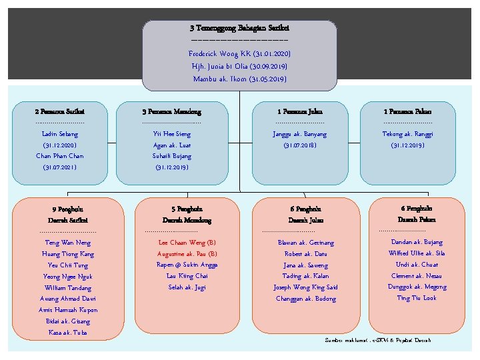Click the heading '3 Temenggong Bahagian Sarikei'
coord(239,29)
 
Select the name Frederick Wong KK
coord(217,53)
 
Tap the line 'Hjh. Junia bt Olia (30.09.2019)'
coord(239,66)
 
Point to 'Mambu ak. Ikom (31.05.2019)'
coord(239,79)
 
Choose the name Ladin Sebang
coord(59,134)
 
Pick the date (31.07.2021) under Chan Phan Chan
coord(59,167)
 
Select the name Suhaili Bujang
coord(171,156)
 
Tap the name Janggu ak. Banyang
coord(300,134)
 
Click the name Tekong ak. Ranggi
coord(407,134)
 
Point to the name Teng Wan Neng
coord(68,243)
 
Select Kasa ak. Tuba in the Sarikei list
coord(68,332)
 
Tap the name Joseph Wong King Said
coord(305,287)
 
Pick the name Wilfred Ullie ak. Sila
coord(417,253)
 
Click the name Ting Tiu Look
coord(417,298)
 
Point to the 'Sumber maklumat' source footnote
coord(378,340)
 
